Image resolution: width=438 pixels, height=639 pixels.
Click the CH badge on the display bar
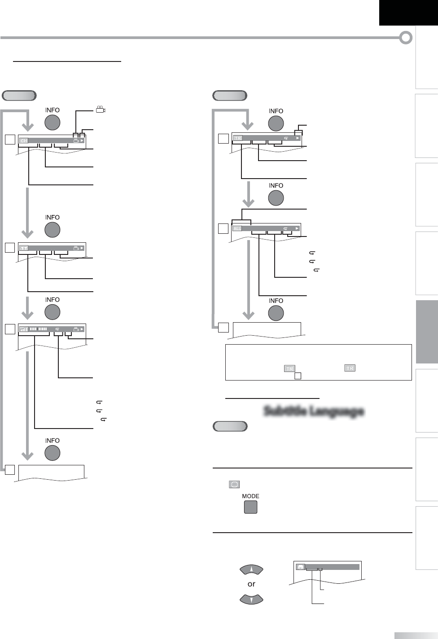(23, 141)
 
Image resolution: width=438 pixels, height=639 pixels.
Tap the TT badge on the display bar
(23, 248)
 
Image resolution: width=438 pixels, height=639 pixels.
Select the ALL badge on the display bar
(237, 228)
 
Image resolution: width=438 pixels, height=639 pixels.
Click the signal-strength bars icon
(23, 329)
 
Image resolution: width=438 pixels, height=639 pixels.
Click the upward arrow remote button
(251, 569)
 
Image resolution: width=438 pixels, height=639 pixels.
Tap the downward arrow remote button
(251, 600)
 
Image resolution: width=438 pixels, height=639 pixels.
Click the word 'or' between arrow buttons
(251, 584)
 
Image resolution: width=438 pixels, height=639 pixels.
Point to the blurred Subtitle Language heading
(313, 411)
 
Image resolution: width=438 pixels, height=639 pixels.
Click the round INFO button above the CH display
(53, 123)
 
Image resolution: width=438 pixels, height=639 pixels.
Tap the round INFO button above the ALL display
(276, 198)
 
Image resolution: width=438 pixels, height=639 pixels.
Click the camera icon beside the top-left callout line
(100, 109)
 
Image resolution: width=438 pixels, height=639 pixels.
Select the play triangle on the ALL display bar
(297, 228)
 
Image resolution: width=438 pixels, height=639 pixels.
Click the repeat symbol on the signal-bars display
(57, 329)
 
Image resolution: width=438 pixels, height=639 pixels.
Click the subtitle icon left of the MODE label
(234, 484)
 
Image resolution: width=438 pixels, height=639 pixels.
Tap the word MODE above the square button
(250, 496)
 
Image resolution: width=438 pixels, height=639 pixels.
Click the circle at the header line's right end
(406, 38)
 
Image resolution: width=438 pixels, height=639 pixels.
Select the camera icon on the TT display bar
(76, 248)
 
